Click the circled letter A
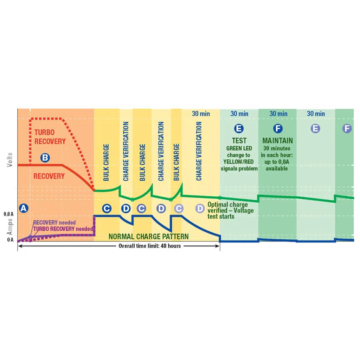23,208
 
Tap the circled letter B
45,157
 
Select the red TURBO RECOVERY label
50,137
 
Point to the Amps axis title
9,226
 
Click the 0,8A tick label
9,214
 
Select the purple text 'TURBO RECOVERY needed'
64,229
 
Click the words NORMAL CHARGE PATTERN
148,237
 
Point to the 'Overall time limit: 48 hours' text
150,246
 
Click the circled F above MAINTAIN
278,128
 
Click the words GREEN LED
239,148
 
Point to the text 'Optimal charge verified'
227,207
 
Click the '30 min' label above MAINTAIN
278,114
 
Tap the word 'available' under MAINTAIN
277,168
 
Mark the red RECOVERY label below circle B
49,176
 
